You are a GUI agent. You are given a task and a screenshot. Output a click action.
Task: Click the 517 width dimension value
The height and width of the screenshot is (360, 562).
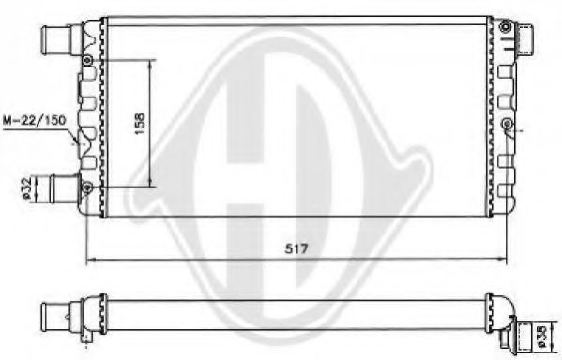pos(296,248)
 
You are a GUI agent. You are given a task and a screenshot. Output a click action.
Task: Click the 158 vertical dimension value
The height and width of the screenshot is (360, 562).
pos(140,124)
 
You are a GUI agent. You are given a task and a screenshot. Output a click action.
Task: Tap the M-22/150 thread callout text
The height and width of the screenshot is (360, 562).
pos(35,120)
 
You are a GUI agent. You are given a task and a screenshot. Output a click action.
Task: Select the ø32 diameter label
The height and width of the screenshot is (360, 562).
pos(26,188)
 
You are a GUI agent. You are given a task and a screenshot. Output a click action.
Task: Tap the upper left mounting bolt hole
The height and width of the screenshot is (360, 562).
pos(87,61)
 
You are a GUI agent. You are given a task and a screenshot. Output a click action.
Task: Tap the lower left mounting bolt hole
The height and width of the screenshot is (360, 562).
pos(87,187)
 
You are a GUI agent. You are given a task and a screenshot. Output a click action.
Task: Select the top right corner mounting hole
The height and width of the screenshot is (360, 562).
pos(506,26)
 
